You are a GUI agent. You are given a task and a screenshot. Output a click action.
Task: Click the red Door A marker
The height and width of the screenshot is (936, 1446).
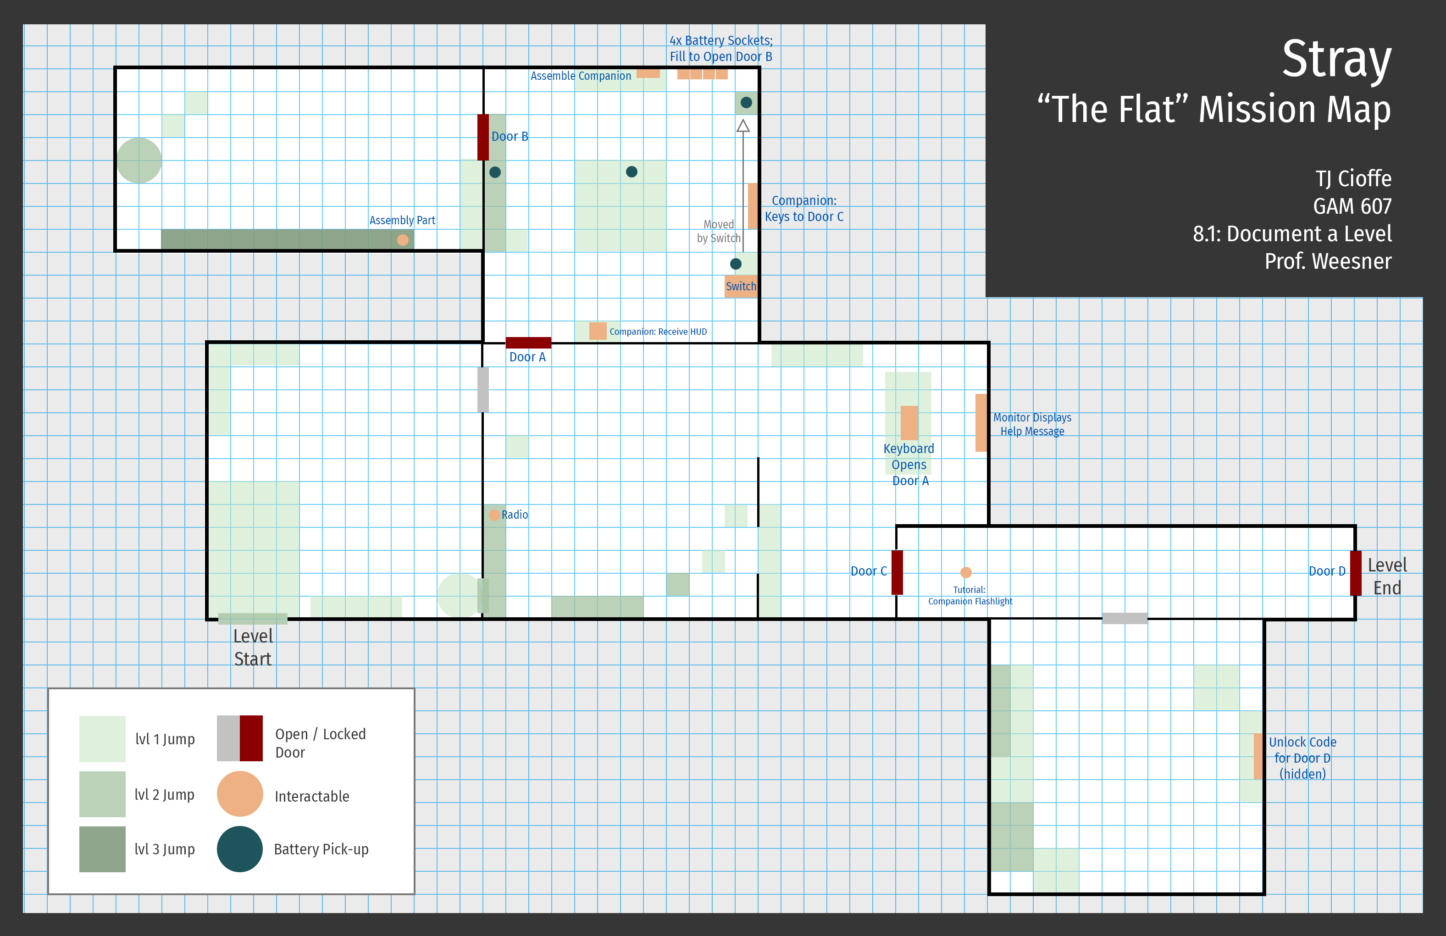coord(528,343)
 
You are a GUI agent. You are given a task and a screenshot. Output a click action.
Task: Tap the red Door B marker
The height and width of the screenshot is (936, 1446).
coord(483,137)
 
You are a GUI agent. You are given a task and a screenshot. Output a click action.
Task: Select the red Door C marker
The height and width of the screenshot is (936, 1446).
coord(897,572)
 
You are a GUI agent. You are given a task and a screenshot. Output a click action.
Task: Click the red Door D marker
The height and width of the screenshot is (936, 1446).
coord(1356,573)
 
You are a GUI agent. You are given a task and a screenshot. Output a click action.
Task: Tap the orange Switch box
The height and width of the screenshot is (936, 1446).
coord(741,286)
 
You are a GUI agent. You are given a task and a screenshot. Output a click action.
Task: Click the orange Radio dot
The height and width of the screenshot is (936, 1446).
coord(494,515)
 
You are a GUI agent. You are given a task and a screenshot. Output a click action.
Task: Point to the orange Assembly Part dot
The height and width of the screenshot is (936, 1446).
coord(402,240)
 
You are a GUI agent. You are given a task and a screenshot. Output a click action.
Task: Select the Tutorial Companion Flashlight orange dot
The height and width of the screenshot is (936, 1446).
coord(965,572)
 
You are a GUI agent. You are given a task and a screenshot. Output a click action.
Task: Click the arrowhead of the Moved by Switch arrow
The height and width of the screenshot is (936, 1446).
coord(742,126)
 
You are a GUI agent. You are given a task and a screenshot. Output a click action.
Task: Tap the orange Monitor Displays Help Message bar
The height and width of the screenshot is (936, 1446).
coord(981,423)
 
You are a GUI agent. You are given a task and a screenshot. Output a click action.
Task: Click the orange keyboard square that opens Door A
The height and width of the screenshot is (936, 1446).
coord(909,423)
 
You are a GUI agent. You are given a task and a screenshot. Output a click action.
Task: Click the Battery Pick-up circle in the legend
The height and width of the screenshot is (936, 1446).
coord(239,848)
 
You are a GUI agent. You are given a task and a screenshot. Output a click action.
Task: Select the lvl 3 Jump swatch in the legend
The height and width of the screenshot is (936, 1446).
coord(102,848)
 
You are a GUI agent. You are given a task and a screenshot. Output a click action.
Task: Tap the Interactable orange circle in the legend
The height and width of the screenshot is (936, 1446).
coord(239,794)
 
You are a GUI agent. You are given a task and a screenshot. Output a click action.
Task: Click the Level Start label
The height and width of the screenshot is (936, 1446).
coord(253,648)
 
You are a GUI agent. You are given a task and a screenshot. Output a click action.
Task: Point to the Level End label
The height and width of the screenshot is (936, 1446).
coord(1387,576)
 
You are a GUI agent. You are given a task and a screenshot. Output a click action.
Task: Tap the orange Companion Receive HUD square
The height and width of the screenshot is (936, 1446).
coord(598,331)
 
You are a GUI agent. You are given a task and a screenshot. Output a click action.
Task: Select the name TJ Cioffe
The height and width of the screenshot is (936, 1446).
coord(1353,178)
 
